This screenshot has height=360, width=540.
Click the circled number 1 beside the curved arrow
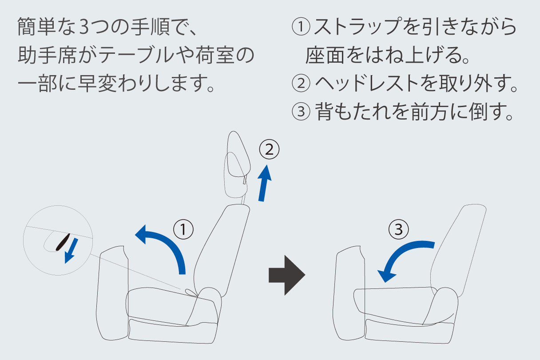183,229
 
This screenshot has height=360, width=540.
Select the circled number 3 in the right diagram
398,229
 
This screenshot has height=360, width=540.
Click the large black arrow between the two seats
287,275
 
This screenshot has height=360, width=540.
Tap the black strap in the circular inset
63,242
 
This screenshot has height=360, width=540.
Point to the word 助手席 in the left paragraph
47,55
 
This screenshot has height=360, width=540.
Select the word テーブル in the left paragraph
136,55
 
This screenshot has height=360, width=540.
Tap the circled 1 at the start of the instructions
301,27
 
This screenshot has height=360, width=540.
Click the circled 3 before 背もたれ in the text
301,112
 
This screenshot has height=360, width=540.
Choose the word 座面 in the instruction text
325,55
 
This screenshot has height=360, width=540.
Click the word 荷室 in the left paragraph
215,55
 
